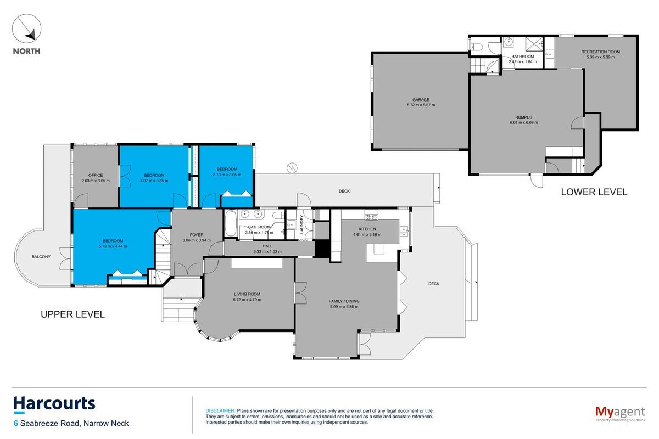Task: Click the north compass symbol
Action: click(x=26, y=29)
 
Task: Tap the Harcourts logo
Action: click(x=54, y=404)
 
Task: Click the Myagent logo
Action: click(x=620, y=414)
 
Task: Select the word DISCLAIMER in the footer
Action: click(x=220, y=411)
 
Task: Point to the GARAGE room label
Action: click(x=421, y=100)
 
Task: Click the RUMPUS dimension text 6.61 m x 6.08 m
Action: click(x=524, y=122)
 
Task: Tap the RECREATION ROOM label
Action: click(x=600, y=52)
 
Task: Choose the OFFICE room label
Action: click(x=96, y=175)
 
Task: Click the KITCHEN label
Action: click(x=367, y=229)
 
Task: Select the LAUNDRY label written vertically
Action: click(x=301, y=224)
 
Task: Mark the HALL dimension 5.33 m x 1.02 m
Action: click(x=267, y=251)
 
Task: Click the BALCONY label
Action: click(x=41, y=257)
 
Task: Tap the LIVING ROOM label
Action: click(x=247, y=294)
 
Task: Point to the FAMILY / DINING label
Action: click(x=344, y=301)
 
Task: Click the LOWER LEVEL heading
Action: click(x=594, y=192)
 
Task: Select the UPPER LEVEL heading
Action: click(x=72, y=314)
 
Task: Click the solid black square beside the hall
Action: click(x=322, y=249)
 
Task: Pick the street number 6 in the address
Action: click(x=16, y=424)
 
